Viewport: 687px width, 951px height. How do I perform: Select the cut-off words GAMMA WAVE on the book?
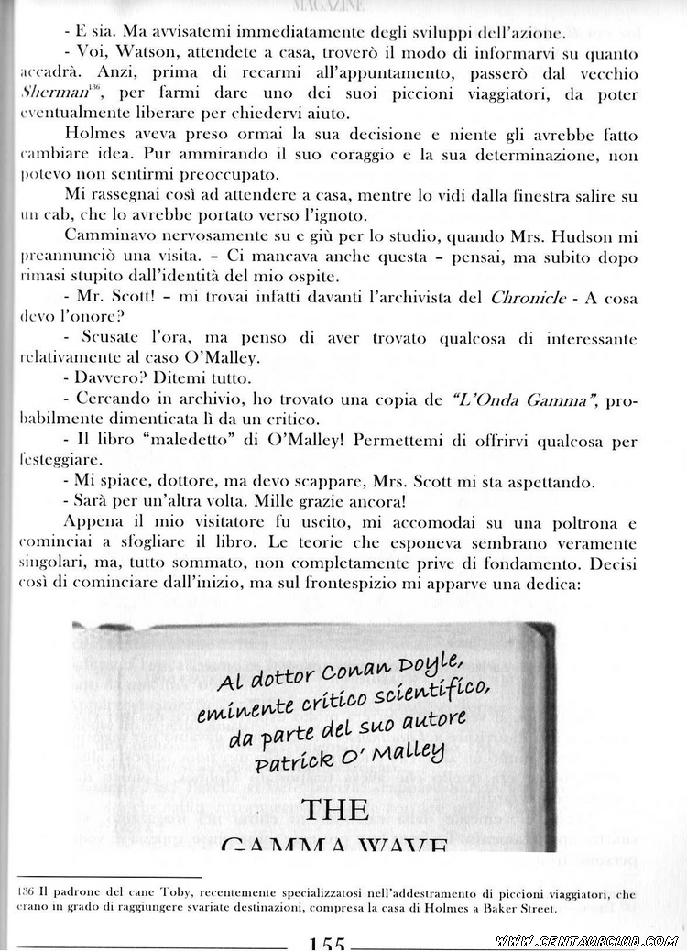pyautogui.click(x=334, y=844)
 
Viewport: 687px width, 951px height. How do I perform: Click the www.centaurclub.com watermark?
pyautogui.click(x=586, y=941)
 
